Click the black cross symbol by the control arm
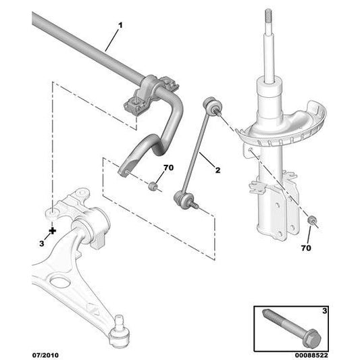click(x=53, y=230)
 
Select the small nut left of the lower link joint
click(x=154, y=186)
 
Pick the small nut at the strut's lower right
click(x=312, y=221)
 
